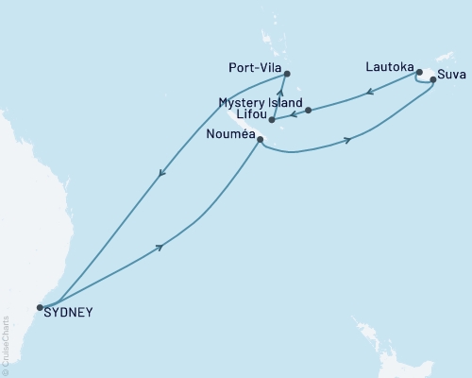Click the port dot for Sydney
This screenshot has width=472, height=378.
tap(40, 307)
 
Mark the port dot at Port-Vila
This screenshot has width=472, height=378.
tap(288, 74)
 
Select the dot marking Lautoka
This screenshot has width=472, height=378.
tap(419, 72)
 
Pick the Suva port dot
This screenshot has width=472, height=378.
tap(433, 80)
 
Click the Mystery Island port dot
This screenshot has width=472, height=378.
tap(309, 111)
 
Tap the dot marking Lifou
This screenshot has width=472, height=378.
tap(272, 120)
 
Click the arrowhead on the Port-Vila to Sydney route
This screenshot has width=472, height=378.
tap(162, 173)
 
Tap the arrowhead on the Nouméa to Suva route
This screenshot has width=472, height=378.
tap(348, 141)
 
